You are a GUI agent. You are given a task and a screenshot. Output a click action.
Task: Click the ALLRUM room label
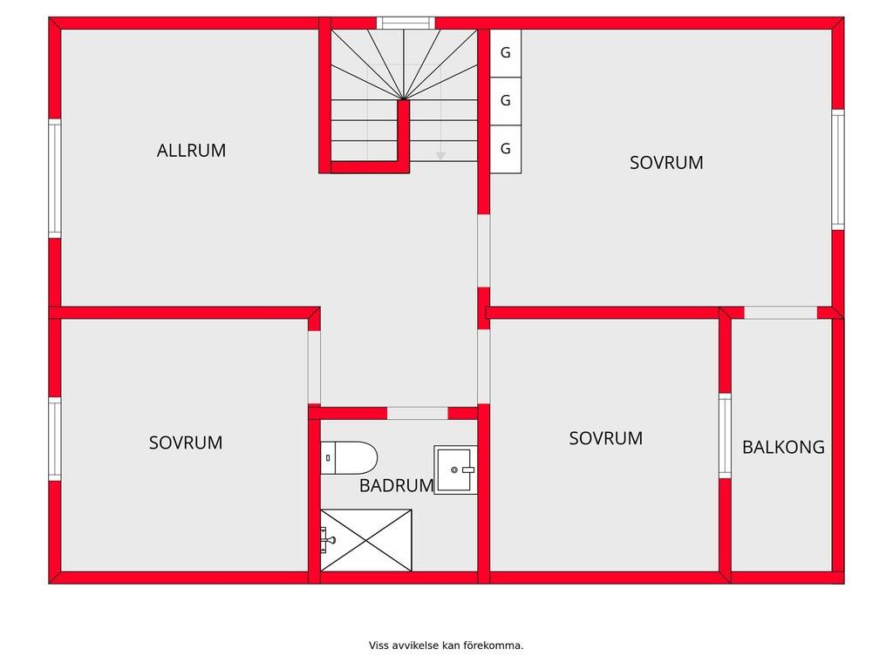click(x=191, y=150)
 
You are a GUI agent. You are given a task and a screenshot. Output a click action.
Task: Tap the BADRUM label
click(x=397, y=485)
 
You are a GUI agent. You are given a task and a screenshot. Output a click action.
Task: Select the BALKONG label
click(x=783, y=447)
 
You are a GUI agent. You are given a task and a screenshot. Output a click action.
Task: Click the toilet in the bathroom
click(x=349, y=457)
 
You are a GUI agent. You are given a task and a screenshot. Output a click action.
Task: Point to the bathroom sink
click(x=455, y=470)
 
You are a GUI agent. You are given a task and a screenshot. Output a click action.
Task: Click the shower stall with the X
click(x=366, y=540)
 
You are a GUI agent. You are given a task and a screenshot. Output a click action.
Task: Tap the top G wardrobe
click(x=506, y=53)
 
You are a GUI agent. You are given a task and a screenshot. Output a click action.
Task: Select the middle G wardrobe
click(x=506, y=101)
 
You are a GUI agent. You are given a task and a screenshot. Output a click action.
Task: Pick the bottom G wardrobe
click(x=506, y=149)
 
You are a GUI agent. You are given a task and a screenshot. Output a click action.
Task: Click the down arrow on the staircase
click(x=440, y=155)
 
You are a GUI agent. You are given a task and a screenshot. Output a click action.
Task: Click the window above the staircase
click(x=406, y=24)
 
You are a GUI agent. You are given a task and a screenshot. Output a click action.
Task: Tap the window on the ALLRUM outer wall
click(x=55, y=178)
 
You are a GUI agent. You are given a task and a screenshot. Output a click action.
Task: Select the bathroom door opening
click(x=418, y=413)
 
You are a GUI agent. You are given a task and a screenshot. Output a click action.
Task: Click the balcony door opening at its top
click(x=781, y=313)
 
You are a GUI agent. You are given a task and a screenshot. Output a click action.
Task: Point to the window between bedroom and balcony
click(x=725, y=436)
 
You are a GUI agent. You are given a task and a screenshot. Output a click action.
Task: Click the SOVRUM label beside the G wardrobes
click(x=666, y=163)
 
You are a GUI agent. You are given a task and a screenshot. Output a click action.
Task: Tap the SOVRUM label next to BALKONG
click(x=606, y=438)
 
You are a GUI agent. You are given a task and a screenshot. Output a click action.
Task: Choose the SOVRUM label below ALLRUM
click(x=186, y=443)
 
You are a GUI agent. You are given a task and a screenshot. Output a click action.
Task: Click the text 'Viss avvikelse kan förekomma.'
click(x=446, y=645)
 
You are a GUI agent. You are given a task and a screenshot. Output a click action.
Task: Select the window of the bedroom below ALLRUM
click(x=55, y=439)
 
